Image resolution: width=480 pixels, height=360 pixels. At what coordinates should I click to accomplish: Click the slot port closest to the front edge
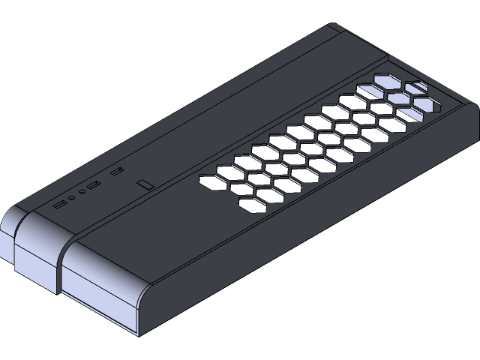click(x=60, y=203)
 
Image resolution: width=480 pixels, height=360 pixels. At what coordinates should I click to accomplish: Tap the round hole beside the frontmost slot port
click(x=71, y=198)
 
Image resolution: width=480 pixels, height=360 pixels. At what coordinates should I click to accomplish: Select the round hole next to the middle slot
click(x=82, y=192)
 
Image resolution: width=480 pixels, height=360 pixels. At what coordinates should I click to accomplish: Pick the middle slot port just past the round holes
click(x=94, y=185)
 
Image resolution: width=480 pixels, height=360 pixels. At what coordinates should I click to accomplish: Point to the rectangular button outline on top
click(x=145, y=184)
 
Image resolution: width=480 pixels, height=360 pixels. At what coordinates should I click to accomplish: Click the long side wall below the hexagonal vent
click(x=315, y=225)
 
